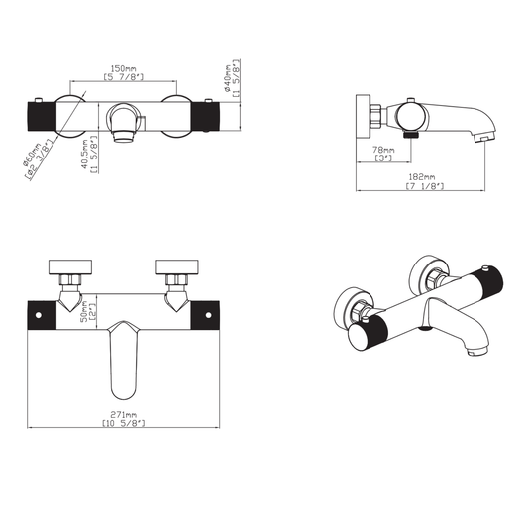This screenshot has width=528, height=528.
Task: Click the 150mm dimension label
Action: pyautogui.click(x=125, y=66)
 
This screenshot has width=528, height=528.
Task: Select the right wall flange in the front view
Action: pyautogui.click(x=177, y=266)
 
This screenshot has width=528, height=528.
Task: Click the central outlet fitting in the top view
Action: pyautogui.click(x=127, y=123)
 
